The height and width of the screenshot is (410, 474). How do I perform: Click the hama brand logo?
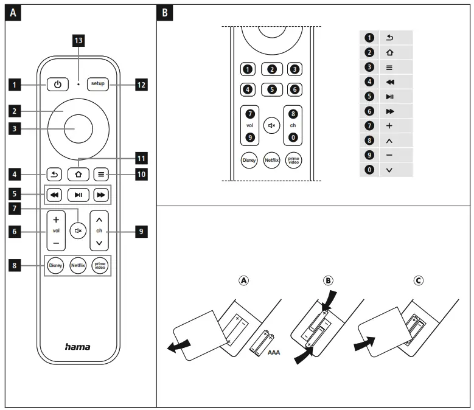click(x=77, y=346)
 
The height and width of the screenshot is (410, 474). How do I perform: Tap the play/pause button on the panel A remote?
click(x=77, y=196)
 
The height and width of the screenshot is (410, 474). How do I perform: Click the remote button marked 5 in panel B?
click(x=271, y=89)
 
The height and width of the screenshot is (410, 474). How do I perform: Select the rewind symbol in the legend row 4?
click(x=390, y=81)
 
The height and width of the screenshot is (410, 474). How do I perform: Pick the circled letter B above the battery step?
click(x=329, y=281)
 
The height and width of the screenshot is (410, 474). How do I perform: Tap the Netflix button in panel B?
click(x=271, y=162)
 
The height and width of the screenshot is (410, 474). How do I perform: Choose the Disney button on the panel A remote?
click(x=55, y=265)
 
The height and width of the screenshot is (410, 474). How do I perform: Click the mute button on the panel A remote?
click(x=77, y=231)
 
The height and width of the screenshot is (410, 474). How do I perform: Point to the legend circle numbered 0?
click(x=369, y=170)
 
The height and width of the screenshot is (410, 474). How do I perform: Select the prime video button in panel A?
click(x=99, y=265)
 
